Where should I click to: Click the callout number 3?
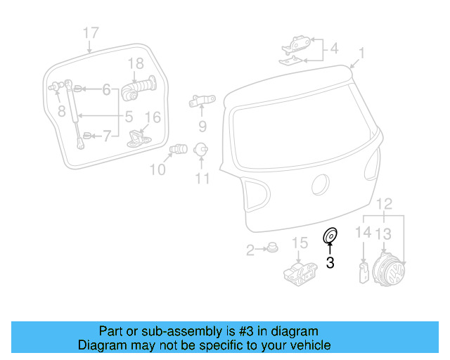[330, 262]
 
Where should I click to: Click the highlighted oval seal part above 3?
[330, 236]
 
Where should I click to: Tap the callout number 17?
[91, 32]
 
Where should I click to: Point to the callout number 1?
[361, 53]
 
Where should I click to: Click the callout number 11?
[202, 179]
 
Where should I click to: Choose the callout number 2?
[250, 250]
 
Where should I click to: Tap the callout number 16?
[152, 117]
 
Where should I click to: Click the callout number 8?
[61, 110]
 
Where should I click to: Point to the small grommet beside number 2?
[271, 248]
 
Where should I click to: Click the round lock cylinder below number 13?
[389, 270]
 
